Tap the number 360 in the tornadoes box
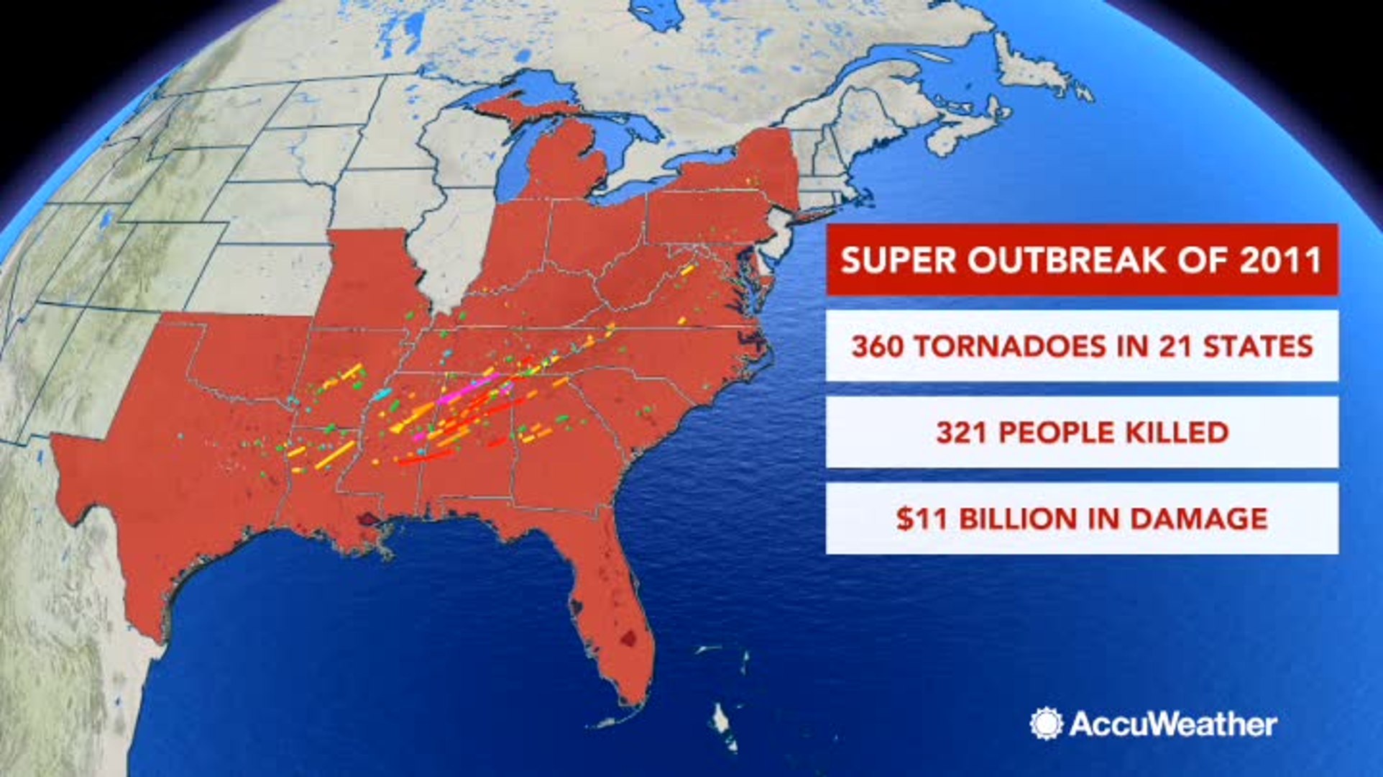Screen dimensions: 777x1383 [877, 346]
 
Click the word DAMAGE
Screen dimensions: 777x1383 [1199, 519]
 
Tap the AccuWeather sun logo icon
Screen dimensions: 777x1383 [1046, 723]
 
